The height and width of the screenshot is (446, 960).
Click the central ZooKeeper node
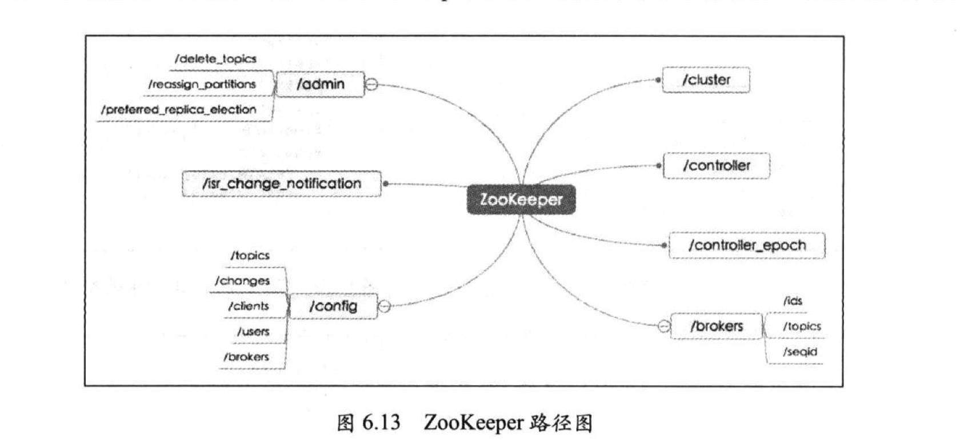click(x=521, y=200)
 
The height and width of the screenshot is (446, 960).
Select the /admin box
click(x=320, y=84)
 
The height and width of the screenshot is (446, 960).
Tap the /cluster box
click(x=706, y=79)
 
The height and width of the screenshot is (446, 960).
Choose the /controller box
click(x=716, y=165)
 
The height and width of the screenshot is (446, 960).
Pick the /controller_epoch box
click(x=747, y=245)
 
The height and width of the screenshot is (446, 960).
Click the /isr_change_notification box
click(x=281, y=184)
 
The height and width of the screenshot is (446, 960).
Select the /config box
click(x=333, y=306)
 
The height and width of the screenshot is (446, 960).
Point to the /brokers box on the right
click(x=716, y=326)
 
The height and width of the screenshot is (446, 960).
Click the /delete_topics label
click(x=215, y=58)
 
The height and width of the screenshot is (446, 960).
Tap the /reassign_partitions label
click(x=202, y=84)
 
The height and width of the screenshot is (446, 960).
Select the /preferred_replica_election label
click(x=178, y=109)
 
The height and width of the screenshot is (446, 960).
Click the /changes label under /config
click(x=242, y=281)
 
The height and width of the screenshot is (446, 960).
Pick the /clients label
click(x=248, y=306)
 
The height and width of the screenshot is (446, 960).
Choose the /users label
click(x=253, y=331)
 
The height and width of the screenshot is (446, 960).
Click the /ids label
click(x=793, y=301)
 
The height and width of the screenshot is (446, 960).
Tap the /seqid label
click(x=799, y=352)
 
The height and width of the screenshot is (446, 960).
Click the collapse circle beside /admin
click(x=371, y=85)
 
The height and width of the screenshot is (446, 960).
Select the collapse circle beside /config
click(x=385, y=306)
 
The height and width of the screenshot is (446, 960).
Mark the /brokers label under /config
click(x=246, y=357)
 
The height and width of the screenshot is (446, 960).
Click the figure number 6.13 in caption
click(x=381, y=423)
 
